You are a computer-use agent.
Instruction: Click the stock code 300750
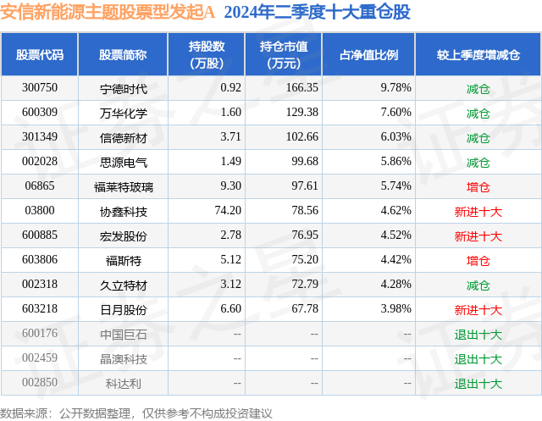point(40,88)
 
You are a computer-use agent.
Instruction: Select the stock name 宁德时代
point(123,88)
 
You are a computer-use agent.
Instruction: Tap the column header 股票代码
point(40,55)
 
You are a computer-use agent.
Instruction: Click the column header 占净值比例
point(369,55)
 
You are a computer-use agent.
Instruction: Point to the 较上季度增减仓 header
point(478,55)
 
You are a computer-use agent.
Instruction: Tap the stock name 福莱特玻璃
point(123,186)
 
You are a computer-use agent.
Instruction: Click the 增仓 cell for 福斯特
point(478,260)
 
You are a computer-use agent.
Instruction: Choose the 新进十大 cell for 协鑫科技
point(478,211)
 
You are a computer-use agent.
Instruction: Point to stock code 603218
point(40,309)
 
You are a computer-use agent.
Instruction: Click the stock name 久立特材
point(123,285)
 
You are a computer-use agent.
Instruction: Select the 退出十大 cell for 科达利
point(478,383)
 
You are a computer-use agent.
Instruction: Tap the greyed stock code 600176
point(40,334)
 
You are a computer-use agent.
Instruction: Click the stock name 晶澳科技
point(123,358)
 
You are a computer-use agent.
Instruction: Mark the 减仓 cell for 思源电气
point(478,162)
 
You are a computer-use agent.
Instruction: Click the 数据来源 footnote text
point(136,413)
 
